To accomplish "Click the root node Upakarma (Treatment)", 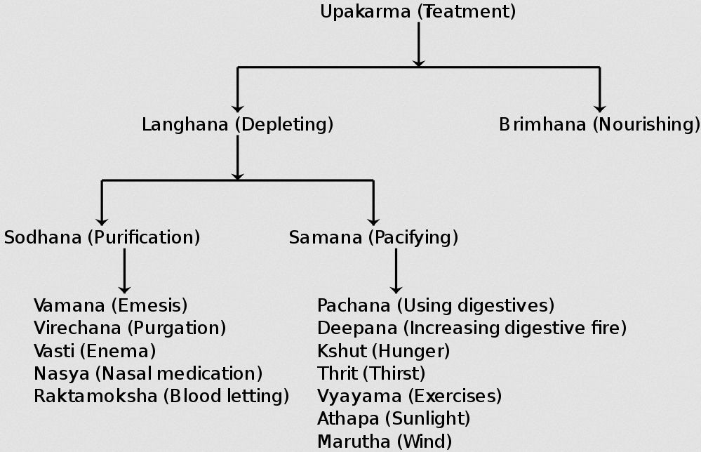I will click(418, 12).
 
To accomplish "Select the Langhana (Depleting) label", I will click(237, 125).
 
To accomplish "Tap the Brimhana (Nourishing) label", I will click(599, 125).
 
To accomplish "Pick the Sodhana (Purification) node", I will click(102, 237).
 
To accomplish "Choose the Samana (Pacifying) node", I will click(373, 237).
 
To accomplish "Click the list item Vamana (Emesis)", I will click(111, 305).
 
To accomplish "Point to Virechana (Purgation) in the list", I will click(130, 328).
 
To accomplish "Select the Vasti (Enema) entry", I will click(95, 350).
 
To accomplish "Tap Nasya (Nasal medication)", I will click(148, 373).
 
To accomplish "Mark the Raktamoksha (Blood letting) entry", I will click(161, 396).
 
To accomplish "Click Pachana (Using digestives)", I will click(436, 305).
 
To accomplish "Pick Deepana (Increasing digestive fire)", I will click(472, 328).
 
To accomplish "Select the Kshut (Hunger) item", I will click(383, 350).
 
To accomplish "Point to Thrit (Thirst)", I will click(371, 373).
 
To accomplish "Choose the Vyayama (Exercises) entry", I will click(409, 396).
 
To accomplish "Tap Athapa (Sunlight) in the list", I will click(394, 418).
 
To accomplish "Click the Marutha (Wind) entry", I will click(385, 441).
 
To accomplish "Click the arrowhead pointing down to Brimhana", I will click(599, 107).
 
